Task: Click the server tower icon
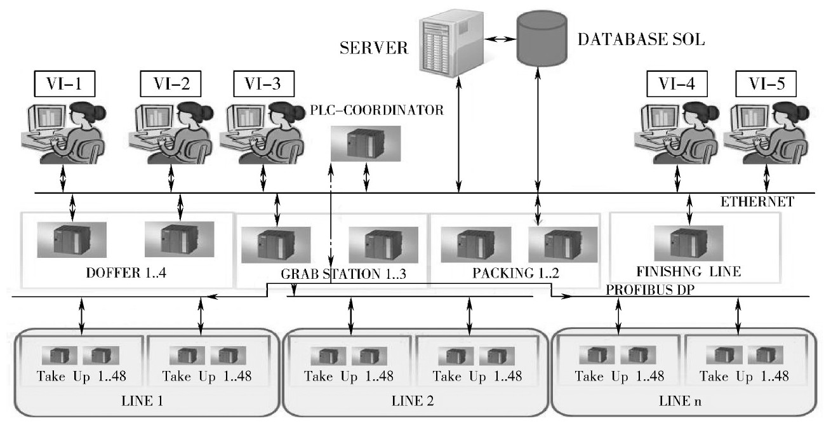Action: tap(450, 44)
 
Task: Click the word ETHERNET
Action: tap(757, 201)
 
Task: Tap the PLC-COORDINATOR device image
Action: tap(366, 144)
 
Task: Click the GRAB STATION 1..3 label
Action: tap(343, 274)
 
